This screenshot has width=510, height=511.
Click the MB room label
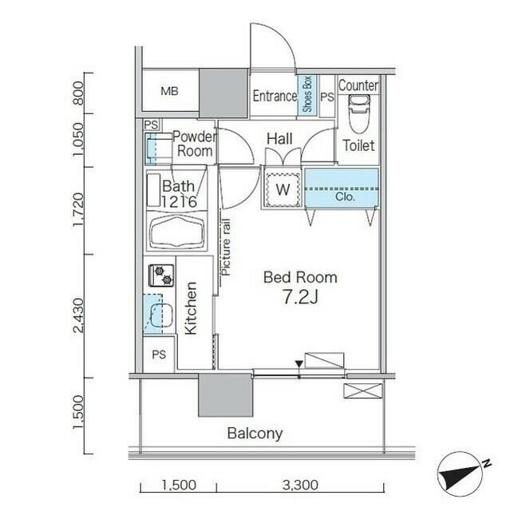click(x=168, y=92)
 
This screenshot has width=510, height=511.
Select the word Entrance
click(x=275, y=96)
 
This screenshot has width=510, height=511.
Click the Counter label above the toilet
click(x=358, y=85)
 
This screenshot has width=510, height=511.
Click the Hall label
click(x=279, y=140)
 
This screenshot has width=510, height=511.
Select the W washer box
click(x=283, y=189)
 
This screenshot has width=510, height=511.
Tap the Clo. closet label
click(x=345, y=196)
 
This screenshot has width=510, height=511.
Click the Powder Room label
click(x=193, y=144)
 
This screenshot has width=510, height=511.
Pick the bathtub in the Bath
click(x=178, y=233)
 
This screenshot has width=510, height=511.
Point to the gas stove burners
click(x=160, y=275)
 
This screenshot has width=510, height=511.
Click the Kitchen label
click(x=192, y=309)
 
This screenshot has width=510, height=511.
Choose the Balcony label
click(x=255, y=434)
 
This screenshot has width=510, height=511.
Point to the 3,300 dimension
click(x=300, y=485)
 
